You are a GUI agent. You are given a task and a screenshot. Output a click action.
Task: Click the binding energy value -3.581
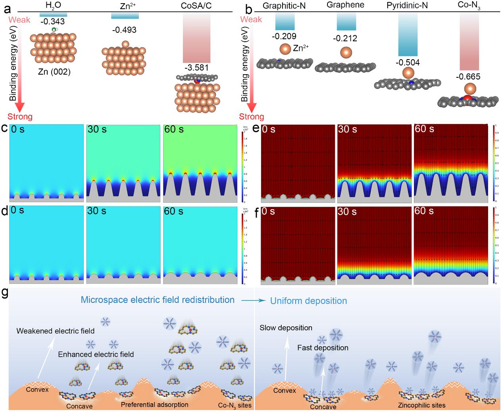[x=196, y=67]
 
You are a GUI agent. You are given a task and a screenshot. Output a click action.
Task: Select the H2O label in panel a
[x=53, y=6]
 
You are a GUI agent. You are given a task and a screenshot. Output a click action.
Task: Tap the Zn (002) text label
[x=54, y=72]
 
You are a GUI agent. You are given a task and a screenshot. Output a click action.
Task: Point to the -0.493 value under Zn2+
[x=124, y=30]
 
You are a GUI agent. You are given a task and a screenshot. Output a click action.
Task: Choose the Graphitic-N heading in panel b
[x=285, y=6]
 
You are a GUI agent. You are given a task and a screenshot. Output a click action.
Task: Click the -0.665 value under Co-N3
[x=469, y=77]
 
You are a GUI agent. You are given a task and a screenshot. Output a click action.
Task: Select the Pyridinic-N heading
[x=408, y=6]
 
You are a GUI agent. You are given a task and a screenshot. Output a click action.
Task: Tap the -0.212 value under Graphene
[x=346, y=39]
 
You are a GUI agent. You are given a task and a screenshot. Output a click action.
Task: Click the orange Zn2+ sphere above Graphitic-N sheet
[x=285, y=49]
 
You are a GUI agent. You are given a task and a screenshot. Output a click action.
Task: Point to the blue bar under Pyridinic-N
[x=408, y=34]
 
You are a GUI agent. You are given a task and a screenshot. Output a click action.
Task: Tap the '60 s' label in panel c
[x=174, y=129]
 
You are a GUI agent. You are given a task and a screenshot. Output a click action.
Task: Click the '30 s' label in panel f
[x=348, y=212]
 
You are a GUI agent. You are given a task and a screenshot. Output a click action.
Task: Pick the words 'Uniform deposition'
[x=308, y=301]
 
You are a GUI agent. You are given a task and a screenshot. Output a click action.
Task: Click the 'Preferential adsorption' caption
[x=154, y=405]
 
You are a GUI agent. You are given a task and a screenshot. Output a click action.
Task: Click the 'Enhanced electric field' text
[x=96, y=354]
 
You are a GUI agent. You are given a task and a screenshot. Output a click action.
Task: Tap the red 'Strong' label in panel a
[x=20, y=117]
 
